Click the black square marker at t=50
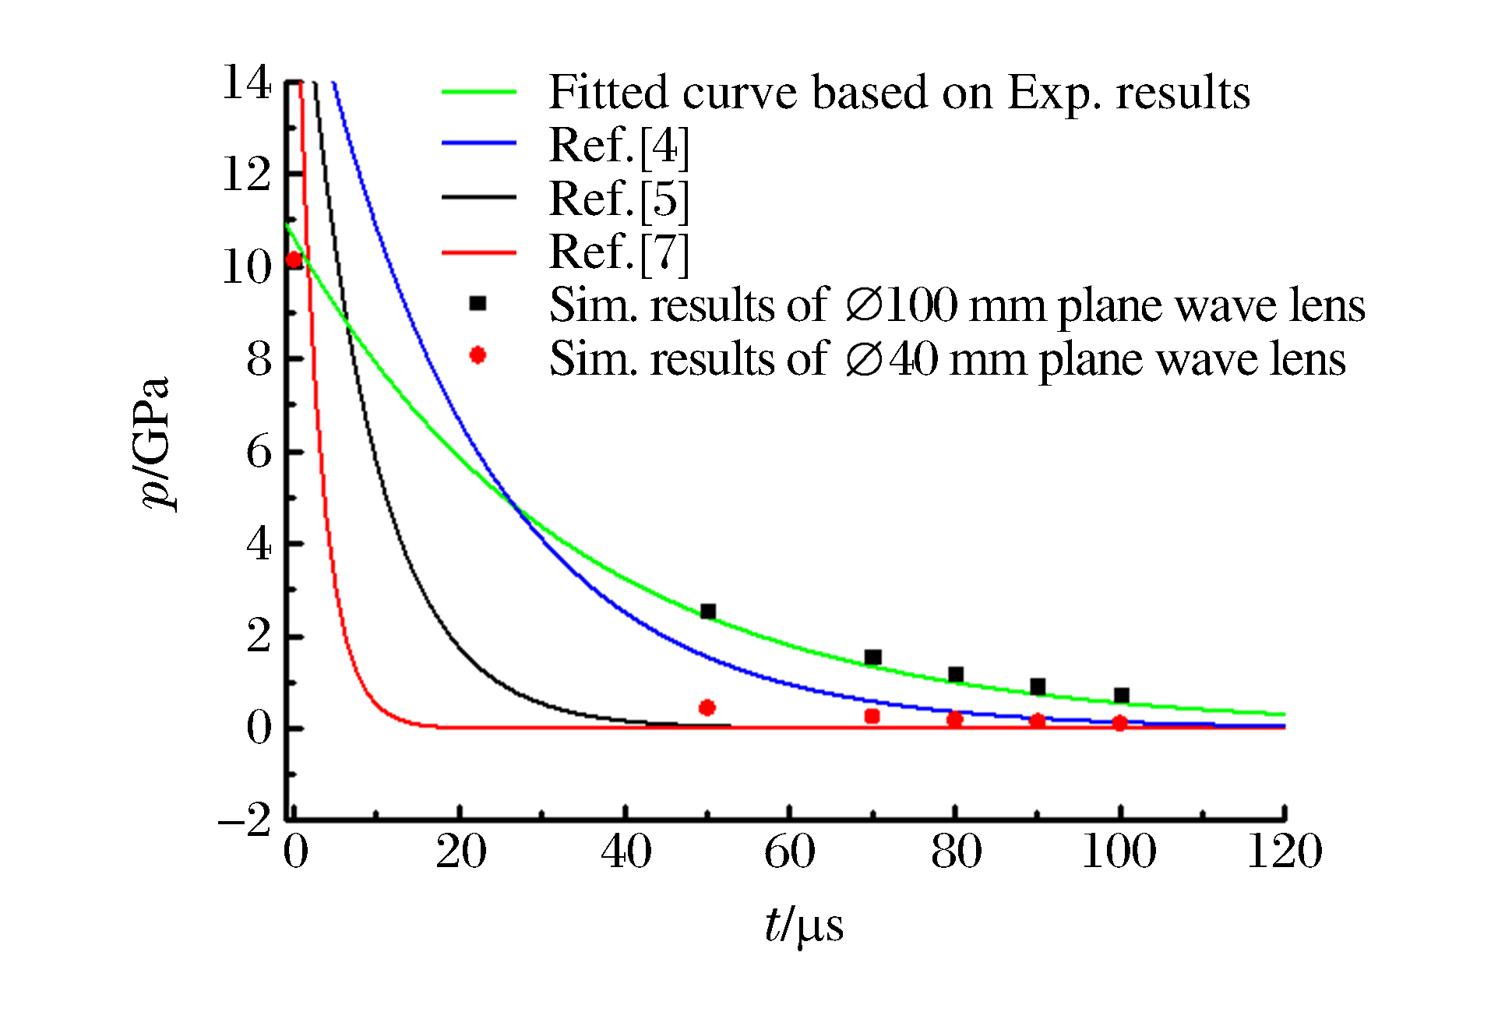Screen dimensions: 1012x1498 pyautogui.click(x=707, y=612)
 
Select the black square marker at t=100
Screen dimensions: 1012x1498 pyautogui.click(x=1121, y=695)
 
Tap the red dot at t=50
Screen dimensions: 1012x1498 pyautogui.click(x=707, y=707)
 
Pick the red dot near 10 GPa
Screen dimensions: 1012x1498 pyautogui.click(x=294, y=260)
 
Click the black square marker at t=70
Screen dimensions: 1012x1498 pyautogui.click(x=872, y=658)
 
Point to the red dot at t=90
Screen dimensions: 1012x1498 pyautogui.click(x=1037, y=721)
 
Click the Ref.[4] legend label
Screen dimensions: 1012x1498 pyautogui.click(x=619, y=145)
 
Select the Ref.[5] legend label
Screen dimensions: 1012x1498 pyautogui.click(x=619, y=199)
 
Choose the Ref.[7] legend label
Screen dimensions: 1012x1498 pyautogui.click(x=619, y=252)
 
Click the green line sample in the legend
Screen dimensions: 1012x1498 pyautogui.click(x=478, y=92)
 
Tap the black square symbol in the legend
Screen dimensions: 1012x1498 pyautogui.click(x=478, y=304)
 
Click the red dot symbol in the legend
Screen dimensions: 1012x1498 pyautogui.click(x=478, y=355)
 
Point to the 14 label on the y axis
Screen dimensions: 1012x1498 pyautogui.click(x=247, y=83)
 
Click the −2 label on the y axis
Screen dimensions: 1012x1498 pyautogui.click(x=245, y=820)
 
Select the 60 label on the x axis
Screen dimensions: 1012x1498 pyautogui.click(x=789, y=852)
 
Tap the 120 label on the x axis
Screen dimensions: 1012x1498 pyautogui.click(x=1284, y=852)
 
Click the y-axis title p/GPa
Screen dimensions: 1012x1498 pyautogui.click(x=156, y=444)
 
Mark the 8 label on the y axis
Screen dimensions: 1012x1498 pyautogui.click(x=259, y=359)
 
